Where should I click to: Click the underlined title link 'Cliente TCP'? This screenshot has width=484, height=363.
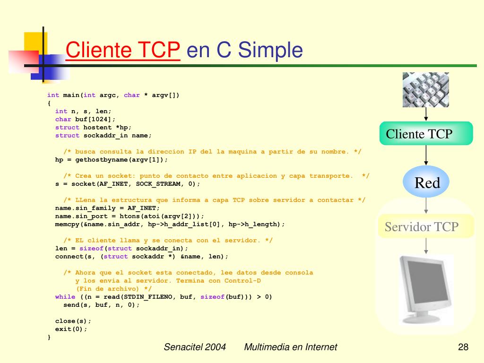(x=123, y=50)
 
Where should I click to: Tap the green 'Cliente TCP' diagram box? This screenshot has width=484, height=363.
(x=426, y=134)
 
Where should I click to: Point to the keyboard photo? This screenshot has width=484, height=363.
(x=425, y=89)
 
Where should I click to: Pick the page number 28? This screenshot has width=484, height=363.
(x=463, y=347)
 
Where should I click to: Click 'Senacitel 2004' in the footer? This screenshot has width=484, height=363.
(x=194, y=347)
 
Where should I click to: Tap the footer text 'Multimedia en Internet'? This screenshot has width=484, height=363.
(x=290, y=347)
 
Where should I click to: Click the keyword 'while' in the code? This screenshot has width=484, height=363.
(x=65, y=297)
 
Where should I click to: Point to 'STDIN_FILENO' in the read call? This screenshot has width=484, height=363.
(x=152, y=297)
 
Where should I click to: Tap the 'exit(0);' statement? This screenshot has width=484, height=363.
(x=71, y=329)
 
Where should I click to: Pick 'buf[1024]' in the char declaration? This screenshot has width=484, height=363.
(x=93, y=119)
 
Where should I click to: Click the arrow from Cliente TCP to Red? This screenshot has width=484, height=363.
(x=426, y=157)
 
